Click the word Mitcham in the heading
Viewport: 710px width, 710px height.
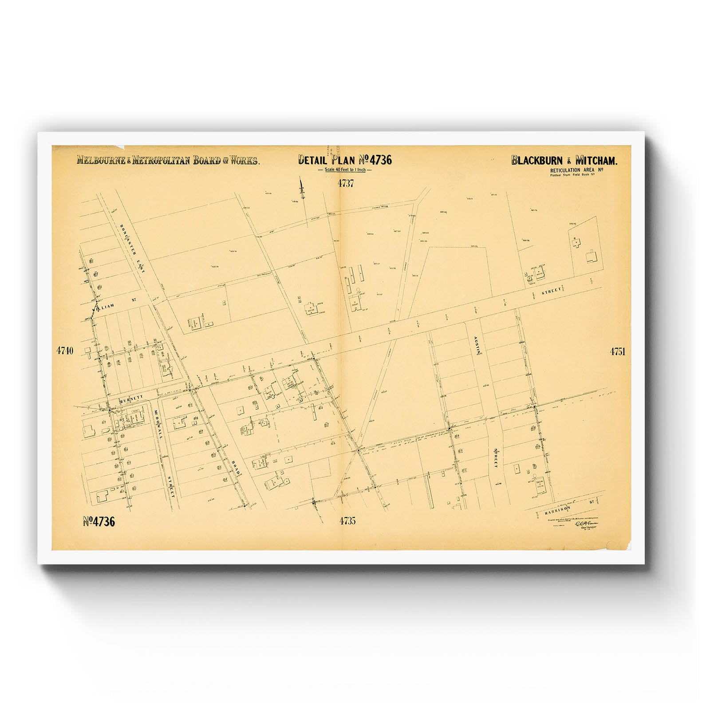[x=595, y=161]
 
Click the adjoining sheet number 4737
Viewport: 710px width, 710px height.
[x=345, y=183]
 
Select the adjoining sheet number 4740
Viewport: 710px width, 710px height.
[x=64, y=351]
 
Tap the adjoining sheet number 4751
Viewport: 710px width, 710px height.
[x=617, y=351]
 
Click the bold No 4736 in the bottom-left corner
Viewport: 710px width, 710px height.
[x=99, y=522]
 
